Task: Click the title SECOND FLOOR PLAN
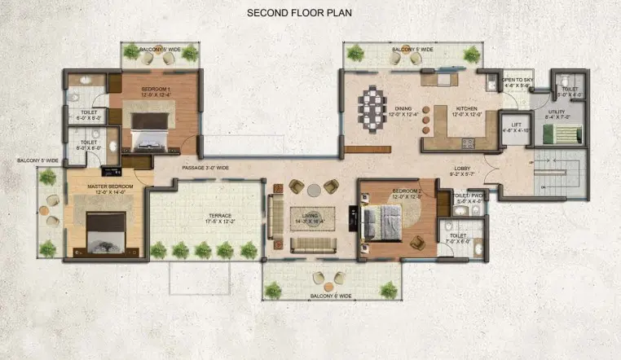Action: (298, 14)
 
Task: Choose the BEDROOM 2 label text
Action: (394, 192)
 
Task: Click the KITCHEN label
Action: (467, 110)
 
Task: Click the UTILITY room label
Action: (557, 112)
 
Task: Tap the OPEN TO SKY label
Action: (517, 81)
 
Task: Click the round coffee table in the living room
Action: (314, 190)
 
